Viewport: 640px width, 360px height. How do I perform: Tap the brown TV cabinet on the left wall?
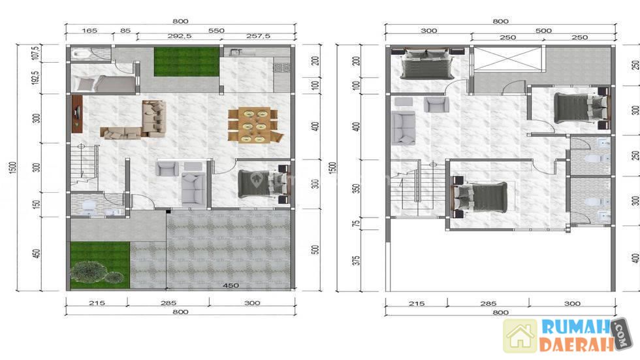77,114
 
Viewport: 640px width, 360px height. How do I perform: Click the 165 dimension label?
89,31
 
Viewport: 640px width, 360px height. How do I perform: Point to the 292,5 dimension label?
179,37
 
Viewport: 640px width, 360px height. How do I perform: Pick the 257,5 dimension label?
258,37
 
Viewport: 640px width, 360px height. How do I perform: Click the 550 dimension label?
216,31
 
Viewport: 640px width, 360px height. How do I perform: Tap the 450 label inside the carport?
231,286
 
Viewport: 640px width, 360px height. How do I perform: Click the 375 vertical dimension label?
356,261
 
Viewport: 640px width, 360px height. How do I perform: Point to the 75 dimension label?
356,223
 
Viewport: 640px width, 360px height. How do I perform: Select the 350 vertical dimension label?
356,189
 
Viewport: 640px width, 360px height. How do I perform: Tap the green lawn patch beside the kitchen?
187,61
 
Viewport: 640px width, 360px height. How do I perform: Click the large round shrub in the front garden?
87,271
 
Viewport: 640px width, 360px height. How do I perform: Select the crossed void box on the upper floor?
507,59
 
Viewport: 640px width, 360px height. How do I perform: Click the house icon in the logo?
520,336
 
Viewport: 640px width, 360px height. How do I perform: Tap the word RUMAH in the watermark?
575,328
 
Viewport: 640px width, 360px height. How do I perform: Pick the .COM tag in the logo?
622,334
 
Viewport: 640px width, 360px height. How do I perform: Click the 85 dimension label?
125,31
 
